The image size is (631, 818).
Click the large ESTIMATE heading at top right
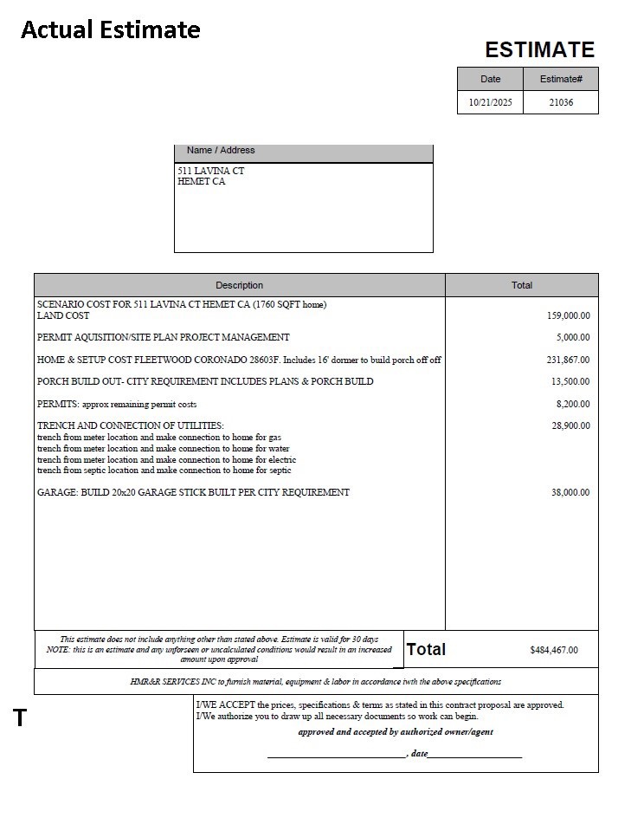(x=539, y=49)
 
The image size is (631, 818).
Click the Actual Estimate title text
(x=110, y=29)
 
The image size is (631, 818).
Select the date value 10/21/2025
(x=490, y=102)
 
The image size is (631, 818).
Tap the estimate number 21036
(x=561, y=102)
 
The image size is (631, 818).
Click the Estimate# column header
(x=561, y=79)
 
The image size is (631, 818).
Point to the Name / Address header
(x=221, y=151)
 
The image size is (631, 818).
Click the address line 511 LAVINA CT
(x=211, y=171)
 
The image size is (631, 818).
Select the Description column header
(x=239, y=285)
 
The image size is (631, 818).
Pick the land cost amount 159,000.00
(x=568, y=315)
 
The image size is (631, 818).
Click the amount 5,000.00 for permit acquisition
(x=572, y=338)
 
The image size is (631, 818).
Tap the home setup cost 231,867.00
(x=568, y=360)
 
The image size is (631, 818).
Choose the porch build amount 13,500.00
(x=570, y=382)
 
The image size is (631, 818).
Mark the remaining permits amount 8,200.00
(x=572, y=404)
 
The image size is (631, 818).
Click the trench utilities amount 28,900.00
(x=570, y=426)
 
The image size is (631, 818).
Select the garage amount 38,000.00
(x=570, y=492)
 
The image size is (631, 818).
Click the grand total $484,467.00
(x=553, y=650)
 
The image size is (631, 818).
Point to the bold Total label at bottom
(x=426, y=649)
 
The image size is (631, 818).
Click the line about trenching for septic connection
(x=164, y=471)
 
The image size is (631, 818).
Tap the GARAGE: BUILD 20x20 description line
(x=193, y=492)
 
